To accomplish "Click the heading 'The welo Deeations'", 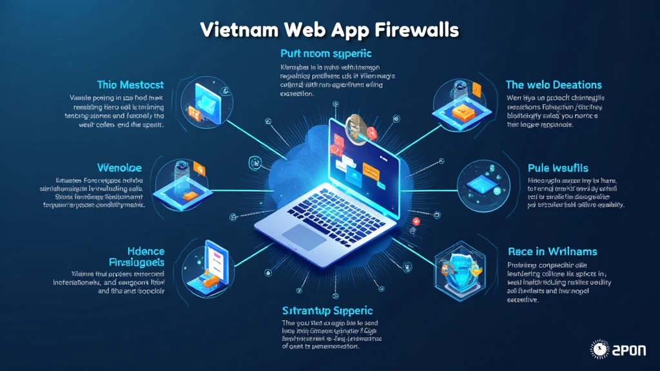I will pyautogui.click(x=554, y=84).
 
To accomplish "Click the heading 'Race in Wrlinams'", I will pyautogui.click(x=552, y=251).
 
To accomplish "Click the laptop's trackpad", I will pyautogui.click(x=305, y=236).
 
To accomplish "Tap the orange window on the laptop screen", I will pyautogui.click(x=371, y=170).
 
